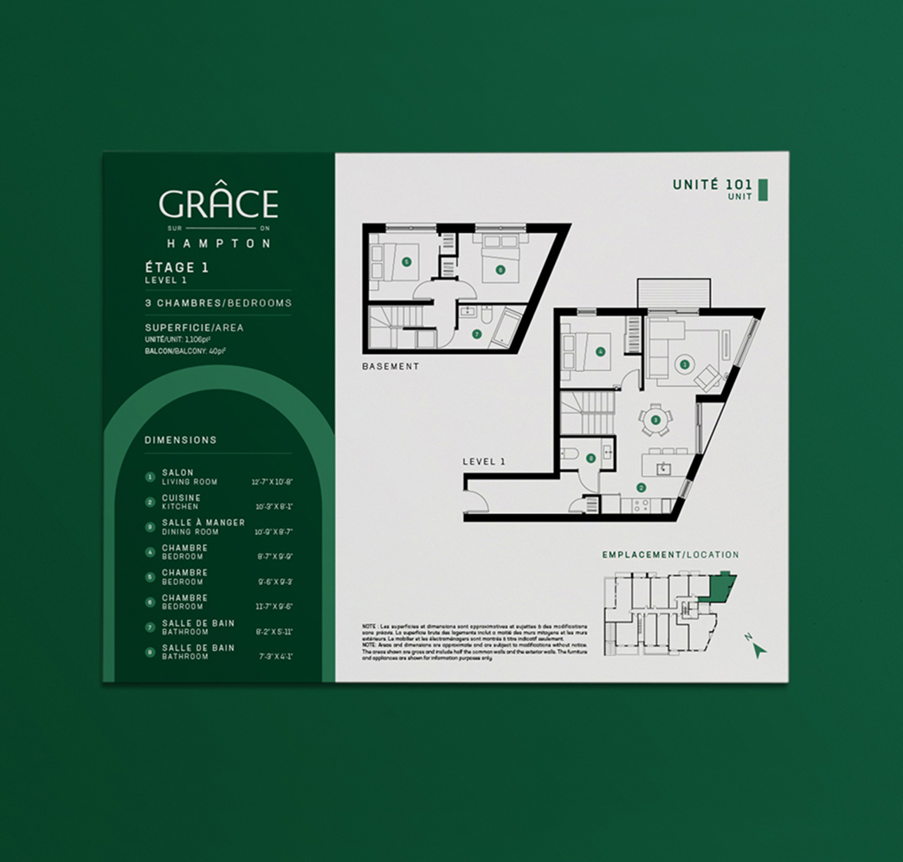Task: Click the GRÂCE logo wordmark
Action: tap(218, 204)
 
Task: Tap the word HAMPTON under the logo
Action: tap(218, 244)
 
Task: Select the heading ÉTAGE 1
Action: tap(177, 267)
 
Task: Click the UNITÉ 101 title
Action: tap(712, 184)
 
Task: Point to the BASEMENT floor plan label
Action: tap(390, 367)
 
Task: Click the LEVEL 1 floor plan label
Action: tap(484, 461)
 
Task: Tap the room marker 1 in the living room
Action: tap(685, 364)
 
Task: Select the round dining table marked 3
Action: tap(655, 420)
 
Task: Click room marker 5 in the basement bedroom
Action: tap(406, 261)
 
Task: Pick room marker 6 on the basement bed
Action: tap(500, 269)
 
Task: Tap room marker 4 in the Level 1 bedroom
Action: tap(600, 351)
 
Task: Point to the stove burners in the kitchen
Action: tap(642, 505)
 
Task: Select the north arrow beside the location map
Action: tap(758, 649)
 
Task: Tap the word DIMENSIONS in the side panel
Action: tap(181, 440)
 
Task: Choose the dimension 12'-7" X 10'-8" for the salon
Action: tap(272, 481)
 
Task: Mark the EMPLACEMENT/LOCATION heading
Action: tap(671, 555)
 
